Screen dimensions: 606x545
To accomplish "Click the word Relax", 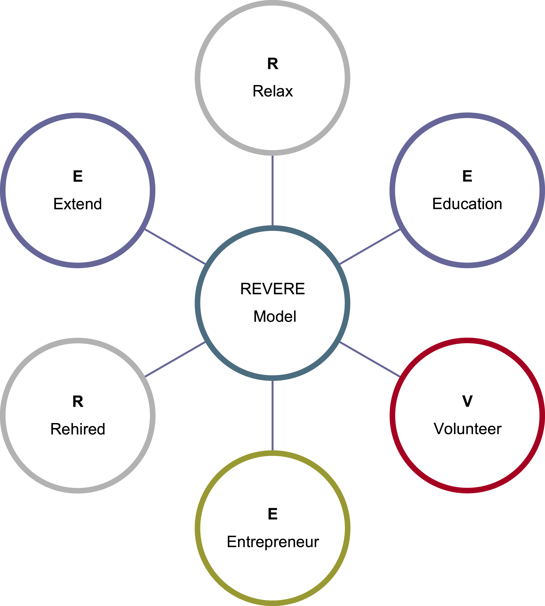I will (272, 91).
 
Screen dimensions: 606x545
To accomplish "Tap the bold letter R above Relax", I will (272, 64).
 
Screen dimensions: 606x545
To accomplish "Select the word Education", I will (467, 204).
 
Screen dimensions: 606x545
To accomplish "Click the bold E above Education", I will (467, 176).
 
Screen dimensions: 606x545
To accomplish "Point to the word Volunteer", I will (467, 429).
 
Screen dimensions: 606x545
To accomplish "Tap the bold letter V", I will (467, 401).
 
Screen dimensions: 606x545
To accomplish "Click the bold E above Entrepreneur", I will (272, 514).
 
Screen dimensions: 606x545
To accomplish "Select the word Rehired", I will (78, 429).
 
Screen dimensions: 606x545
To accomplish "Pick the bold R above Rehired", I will (78, 401).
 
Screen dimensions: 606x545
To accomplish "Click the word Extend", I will (78, 204).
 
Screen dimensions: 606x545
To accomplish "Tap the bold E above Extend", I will (78, 176).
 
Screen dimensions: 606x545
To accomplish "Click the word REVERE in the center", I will (272, 289).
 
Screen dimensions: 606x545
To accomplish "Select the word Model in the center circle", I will (275, 316).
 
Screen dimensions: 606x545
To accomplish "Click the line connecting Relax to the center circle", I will (272, 191).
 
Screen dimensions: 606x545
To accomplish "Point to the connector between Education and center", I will (370, 246).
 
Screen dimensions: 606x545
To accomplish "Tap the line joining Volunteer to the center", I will (370, 359).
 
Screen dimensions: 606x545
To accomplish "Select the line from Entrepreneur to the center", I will (272, 415).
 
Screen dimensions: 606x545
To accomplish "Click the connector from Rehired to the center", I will (175, 359).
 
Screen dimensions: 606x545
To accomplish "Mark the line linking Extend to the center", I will (175, 246).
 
